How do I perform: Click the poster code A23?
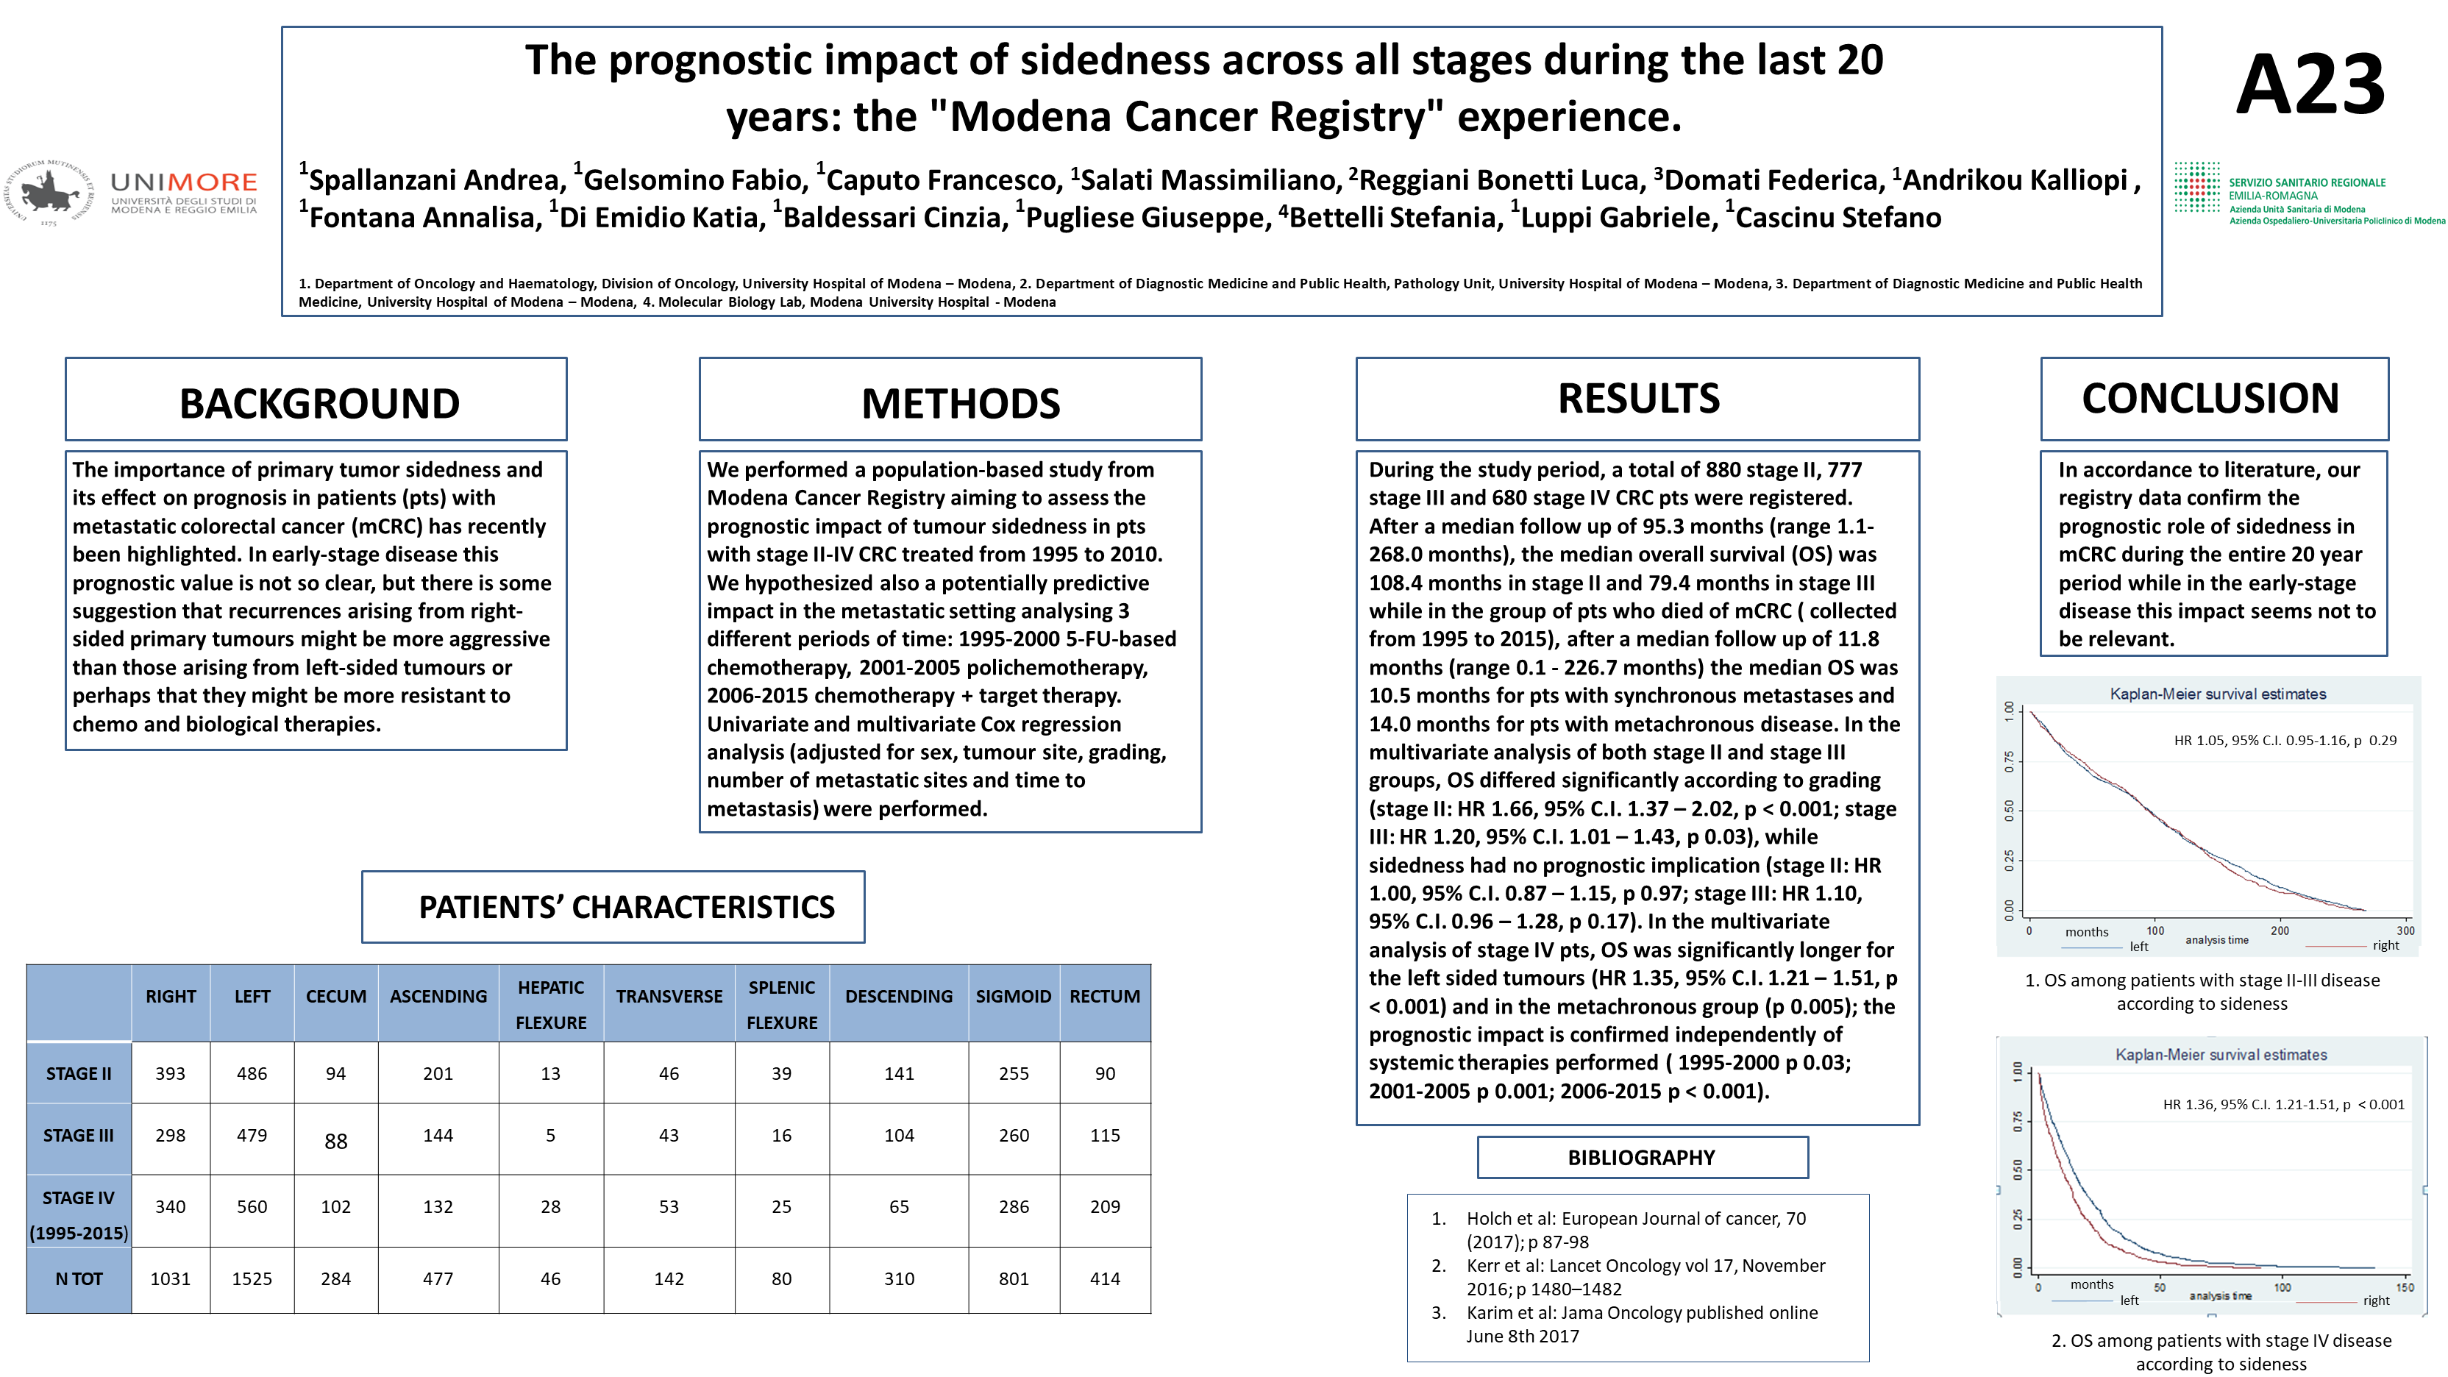[2310, 85]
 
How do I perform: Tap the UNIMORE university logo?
[133, 193]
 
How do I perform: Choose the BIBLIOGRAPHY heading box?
[1641, 1156]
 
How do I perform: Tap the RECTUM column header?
[1104, 996]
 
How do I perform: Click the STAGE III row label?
[78, 1135]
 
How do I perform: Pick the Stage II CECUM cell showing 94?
[335, 1073]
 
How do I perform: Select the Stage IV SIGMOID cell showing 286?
[1013, 1206]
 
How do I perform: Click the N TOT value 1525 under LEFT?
[252, 1278]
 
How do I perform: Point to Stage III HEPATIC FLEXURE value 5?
[550, 1135]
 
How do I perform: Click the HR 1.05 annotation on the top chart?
[2285, 740]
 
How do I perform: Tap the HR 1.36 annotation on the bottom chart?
[2282, 1104]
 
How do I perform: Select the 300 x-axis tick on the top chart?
[2405, 931]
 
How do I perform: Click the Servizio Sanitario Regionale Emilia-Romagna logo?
[2309, 195]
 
